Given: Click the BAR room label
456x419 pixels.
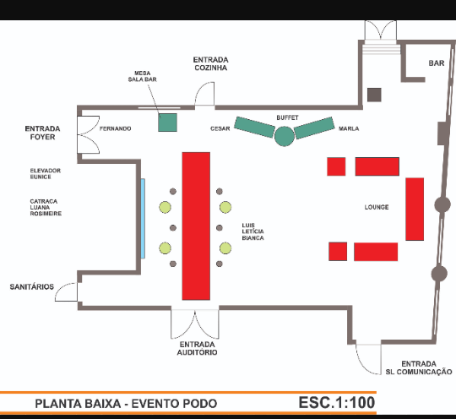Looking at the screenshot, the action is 437,63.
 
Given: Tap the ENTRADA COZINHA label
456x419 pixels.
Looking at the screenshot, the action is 211,63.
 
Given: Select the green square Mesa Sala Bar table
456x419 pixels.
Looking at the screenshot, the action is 167,122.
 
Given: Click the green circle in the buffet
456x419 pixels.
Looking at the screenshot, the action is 285,136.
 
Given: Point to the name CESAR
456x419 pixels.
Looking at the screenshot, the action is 220,128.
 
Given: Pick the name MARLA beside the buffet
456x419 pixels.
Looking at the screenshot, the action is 349,128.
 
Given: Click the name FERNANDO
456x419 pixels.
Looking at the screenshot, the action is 115,128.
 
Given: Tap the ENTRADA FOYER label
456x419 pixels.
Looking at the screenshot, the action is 42,133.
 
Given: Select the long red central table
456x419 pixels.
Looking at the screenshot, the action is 196,226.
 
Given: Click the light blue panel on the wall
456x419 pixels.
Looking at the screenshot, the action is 143,219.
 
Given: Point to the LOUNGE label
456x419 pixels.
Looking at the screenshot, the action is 377,207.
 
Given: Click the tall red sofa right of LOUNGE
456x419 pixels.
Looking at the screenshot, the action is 415,209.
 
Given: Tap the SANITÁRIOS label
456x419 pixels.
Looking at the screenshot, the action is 32,287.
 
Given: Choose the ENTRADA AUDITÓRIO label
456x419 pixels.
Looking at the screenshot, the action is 197,348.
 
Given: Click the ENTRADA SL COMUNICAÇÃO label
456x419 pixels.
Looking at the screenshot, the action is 419,367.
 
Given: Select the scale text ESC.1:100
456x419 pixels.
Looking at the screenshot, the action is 337,403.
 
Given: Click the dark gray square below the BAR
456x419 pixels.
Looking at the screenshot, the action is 374,95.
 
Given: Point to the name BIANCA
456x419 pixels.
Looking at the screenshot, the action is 253,238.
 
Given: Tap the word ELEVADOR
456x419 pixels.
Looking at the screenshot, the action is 46,171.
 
